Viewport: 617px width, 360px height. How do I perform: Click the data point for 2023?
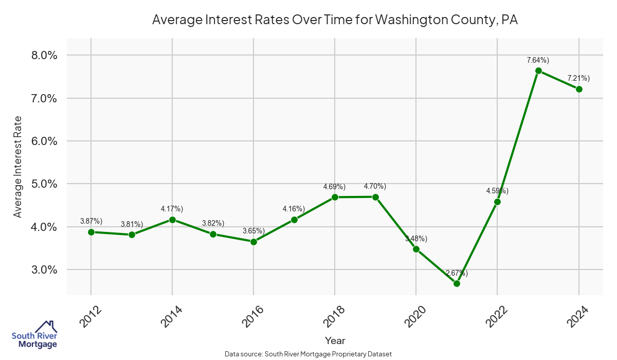coord(538,70)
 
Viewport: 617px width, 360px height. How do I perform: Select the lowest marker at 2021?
coord(457,283)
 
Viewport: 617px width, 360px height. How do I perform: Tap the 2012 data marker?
coord(91,232)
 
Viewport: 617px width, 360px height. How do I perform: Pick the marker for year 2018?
coord(335,197)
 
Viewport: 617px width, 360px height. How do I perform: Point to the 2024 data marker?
coord(579,89)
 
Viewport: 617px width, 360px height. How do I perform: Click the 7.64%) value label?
coord(538,60)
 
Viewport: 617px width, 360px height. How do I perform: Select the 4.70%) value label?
coord(375,186)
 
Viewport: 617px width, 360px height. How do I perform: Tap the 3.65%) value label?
coord(253,231)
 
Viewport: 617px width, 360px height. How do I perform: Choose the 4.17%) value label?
coord(172,208)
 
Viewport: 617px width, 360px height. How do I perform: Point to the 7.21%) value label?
coord(578,78)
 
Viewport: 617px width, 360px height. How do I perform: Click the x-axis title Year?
coord(335,340)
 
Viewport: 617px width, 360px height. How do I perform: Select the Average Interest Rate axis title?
coord(18,167)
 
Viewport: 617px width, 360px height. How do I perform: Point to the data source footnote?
coord(308,354)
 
